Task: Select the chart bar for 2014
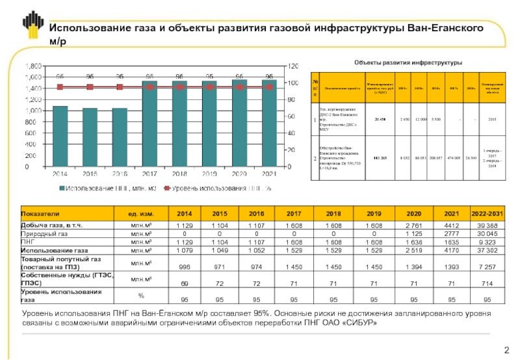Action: [60, 136]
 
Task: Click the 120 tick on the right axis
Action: [293, 66]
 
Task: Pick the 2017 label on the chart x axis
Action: [149, 174]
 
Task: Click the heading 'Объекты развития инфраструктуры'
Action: [407, 62]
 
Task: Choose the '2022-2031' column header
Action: [486, 213]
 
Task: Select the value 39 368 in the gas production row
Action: [486, 225]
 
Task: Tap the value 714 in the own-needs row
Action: [486, 283]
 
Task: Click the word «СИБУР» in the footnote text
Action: [357, 323]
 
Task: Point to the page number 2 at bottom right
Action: [506, 351]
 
